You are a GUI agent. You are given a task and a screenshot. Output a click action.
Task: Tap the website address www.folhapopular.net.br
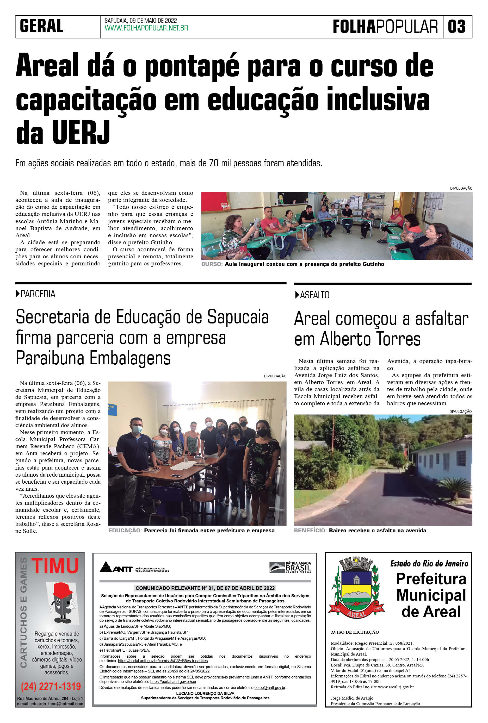(x=146, y=28)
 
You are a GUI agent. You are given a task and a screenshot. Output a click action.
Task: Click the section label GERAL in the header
(x=42, y=26)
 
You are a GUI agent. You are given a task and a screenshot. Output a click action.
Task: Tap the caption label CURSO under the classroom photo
(x=212, y=264)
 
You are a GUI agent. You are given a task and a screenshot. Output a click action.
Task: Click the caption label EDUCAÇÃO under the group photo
(x=125, y=531)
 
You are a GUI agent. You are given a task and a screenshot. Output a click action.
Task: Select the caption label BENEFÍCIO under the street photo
(x=310, y=531)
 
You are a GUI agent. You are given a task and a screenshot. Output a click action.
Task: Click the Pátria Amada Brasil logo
(x=290, y=567)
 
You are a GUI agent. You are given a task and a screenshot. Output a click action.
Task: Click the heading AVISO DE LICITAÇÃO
(x=355, y=632)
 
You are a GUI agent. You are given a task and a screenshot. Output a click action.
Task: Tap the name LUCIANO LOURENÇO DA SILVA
(x=205, y=694)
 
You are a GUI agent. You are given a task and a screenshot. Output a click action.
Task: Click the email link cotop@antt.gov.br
(x=269, y=688)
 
